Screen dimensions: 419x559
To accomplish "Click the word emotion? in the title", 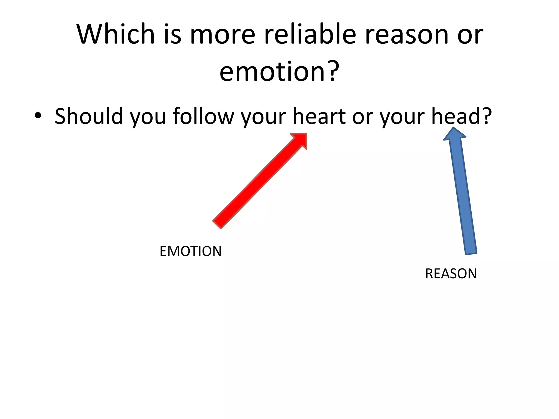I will [x=279, y=71].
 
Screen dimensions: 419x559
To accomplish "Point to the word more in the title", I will [x=222, y=35].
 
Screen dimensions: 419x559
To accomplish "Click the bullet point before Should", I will [x=38, y=116].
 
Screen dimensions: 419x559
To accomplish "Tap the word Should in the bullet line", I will [x=89, y=116].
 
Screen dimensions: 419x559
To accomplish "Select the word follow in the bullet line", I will [x=203, y=116].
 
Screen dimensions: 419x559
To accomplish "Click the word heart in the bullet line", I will [x=319, y=116].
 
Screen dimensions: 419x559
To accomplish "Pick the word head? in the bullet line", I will [x=461, y=116].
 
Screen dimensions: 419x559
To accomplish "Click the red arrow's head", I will [x=300, y=140].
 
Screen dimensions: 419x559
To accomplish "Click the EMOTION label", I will [x=191, y=251].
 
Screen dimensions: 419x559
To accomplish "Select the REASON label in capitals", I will [x=451, y=274].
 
